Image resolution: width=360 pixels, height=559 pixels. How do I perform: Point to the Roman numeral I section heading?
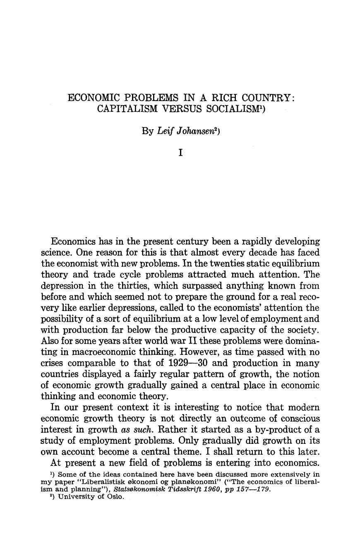[x=180, y=152]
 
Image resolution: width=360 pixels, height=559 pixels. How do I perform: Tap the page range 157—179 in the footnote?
[x=253, y=489]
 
